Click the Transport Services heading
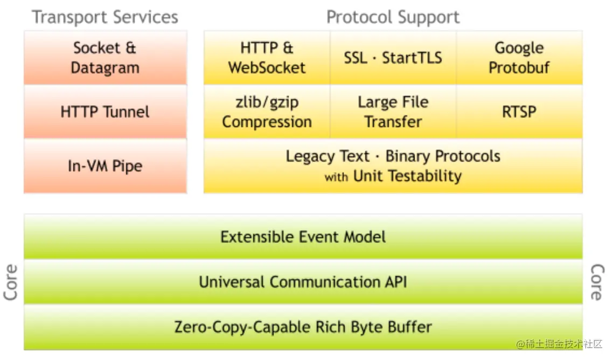[105, 17]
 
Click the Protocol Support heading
[393, 17]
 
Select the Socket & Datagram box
[105, 58]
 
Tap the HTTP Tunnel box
[105, 112]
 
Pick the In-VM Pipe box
[105, 166]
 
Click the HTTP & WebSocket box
[267, 58]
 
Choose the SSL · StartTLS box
[393, 58]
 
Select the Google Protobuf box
[519, 58]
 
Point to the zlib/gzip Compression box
[267, 112]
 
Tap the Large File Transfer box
[393, 112]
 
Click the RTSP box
[519, 112]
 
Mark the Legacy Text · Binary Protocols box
[393, 166]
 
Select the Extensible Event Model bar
[303, 237]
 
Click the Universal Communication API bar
[303, 282]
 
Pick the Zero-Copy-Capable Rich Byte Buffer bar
[303, 327]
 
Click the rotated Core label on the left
[11, 282]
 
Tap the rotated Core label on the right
[597, 282]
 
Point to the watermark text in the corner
[559, 344]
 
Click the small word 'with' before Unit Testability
[336, 177]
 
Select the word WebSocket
[267, 68]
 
